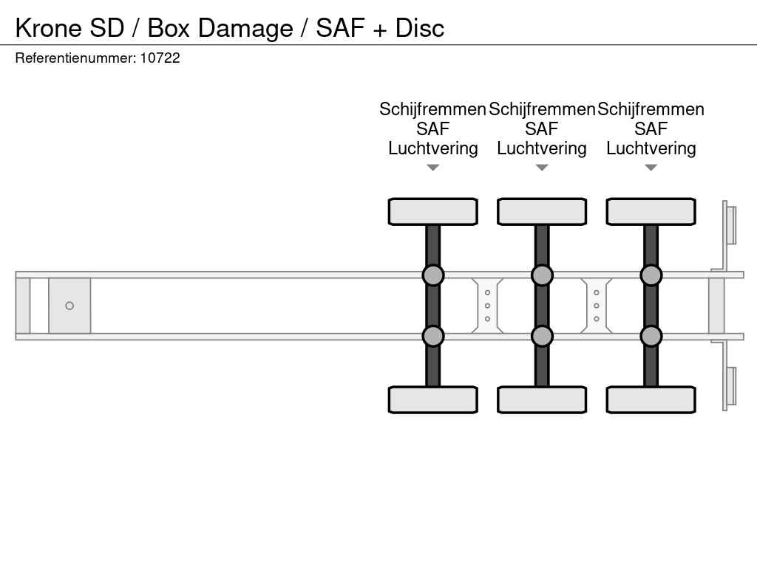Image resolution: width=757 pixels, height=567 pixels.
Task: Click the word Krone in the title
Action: pyautogui.click(x=49, y=28)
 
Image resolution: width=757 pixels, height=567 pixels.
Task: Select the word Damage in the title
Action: pyautogui.click(x=245, y=29)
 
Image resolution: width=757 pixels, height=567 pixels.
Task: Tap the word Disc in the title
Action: pyautogui.click(x=420, y=28)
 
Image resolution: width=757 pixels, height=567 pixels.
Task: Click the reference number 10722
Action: pyautogui.click(x=160, y=58)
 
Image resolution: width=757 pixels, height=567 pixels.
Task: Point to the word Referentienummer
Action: pyautogui.click(x=75, y=58)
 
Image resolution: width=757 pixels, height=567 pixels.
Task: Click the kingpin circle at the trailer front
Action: pyautogui.click(x=69, y=306)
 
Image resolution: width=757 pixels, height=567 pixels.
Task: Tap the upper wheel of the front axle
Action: pyautogui.click(x=433, y=212)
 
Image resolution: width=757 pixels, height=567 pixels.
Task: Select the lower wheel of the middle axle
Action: pyautogui.click(x=542, y=399)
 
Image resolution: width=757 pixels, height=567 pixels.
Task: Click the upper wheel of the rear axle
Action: pyautogui.click(x=651, y=212)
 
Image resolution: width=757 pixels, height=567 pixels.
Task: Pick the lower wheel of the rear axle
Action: pyautogui.click(x=651, y=399)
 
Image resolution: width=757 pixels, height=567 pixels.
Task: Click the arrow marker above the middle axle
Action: pyautogui.click(x=542, y=168)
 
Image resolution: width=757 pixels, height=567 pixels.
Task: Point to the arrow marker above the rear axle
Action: pyautogui.click(x=651, y=168)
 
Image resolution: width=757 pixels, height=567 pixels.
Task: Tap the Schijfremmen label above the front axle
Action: pyautogui.click(x=432, y=109)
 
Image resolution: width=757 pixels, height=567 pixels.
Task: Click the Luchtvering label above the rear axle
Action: pyautogui.click(x=651, y=148)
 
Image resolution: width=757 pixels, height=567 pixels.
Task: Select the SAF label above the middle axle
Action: pyautogui.click(x=542, y=128)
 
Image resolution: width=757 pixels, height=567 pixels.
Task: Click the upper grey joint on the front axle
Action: pyautogui.click(x=433, y=275)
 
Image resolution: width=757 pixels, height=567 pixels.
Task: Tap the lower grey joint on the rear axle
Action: pyautogui.click(x=651, y=336)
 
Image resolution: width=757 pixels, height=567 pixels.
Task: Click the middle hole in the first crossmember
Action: pyautogui.click(x=488, y=306)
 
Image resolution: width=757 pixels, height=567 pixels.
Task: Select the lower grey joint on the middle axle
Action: pyautogui.click(x=542, y=336)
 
